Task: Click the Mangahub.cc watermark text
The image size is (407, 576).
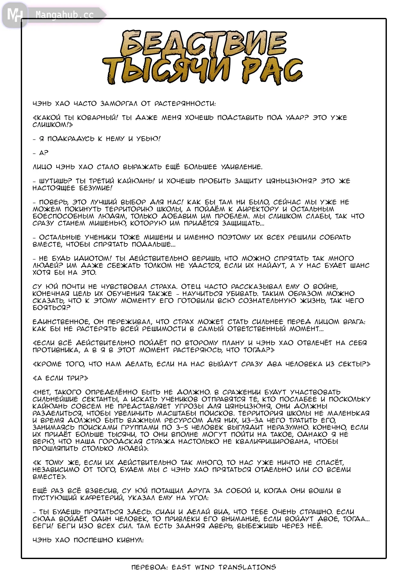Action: (x=64, y=15)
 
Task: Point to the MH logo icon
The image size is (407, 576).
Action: (x=14, y=15)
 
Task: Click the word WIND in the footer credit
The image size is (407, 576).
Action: (x=205, y=567)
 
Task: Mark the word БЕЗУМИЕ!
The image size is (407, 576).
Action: (x=96, y=188)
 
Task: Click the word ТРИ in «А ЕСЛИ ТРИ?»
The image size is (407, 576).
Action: (x=77, y=378)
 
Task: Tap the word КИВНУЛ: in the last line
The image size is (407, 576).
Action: (x=130, y=540)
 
